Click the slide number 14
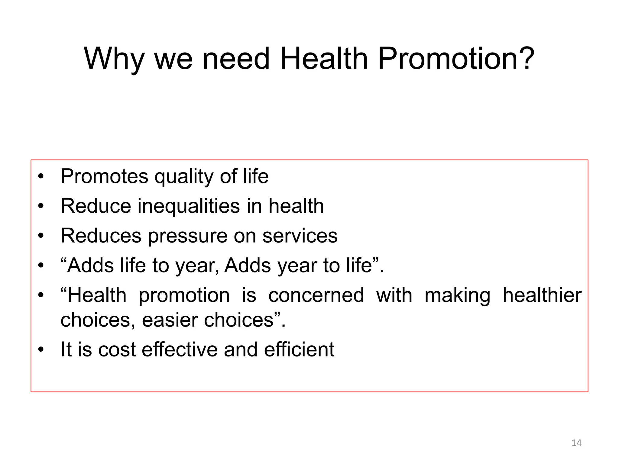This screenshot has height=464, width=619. coord(576,443)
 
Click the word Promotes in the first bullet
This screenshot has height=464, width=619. coord(104,176)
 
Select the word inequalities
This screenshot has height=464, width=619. coord(189,206)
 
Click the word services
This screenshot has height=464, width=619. coord(300,236)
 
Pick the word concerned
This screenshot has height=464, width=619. coord(316,295)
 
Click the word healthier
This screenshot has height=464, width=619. coord(542,295)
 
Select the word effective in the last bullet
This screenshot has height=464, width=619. coord(180,350)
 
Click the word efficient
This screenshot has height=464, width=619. coord(299,350)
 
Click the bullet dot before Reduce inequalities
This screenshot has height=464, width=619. coord(41,206)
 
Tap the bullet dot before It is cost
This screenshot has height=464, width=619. coord(41,350)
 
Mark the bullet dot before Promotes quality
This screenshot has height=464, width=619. coord(41,176)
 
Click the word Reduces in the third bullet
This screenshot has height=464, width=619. coord(101,236)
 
